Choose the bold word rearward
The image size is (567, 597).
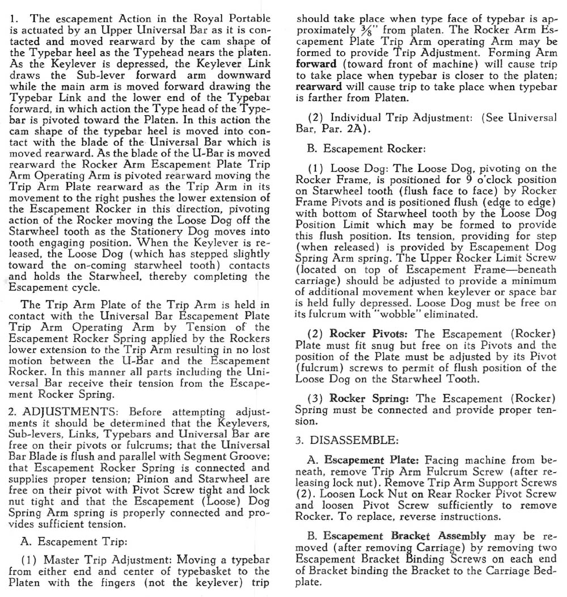319,86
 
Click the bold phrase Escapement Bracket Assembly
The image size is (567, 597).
405,536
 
